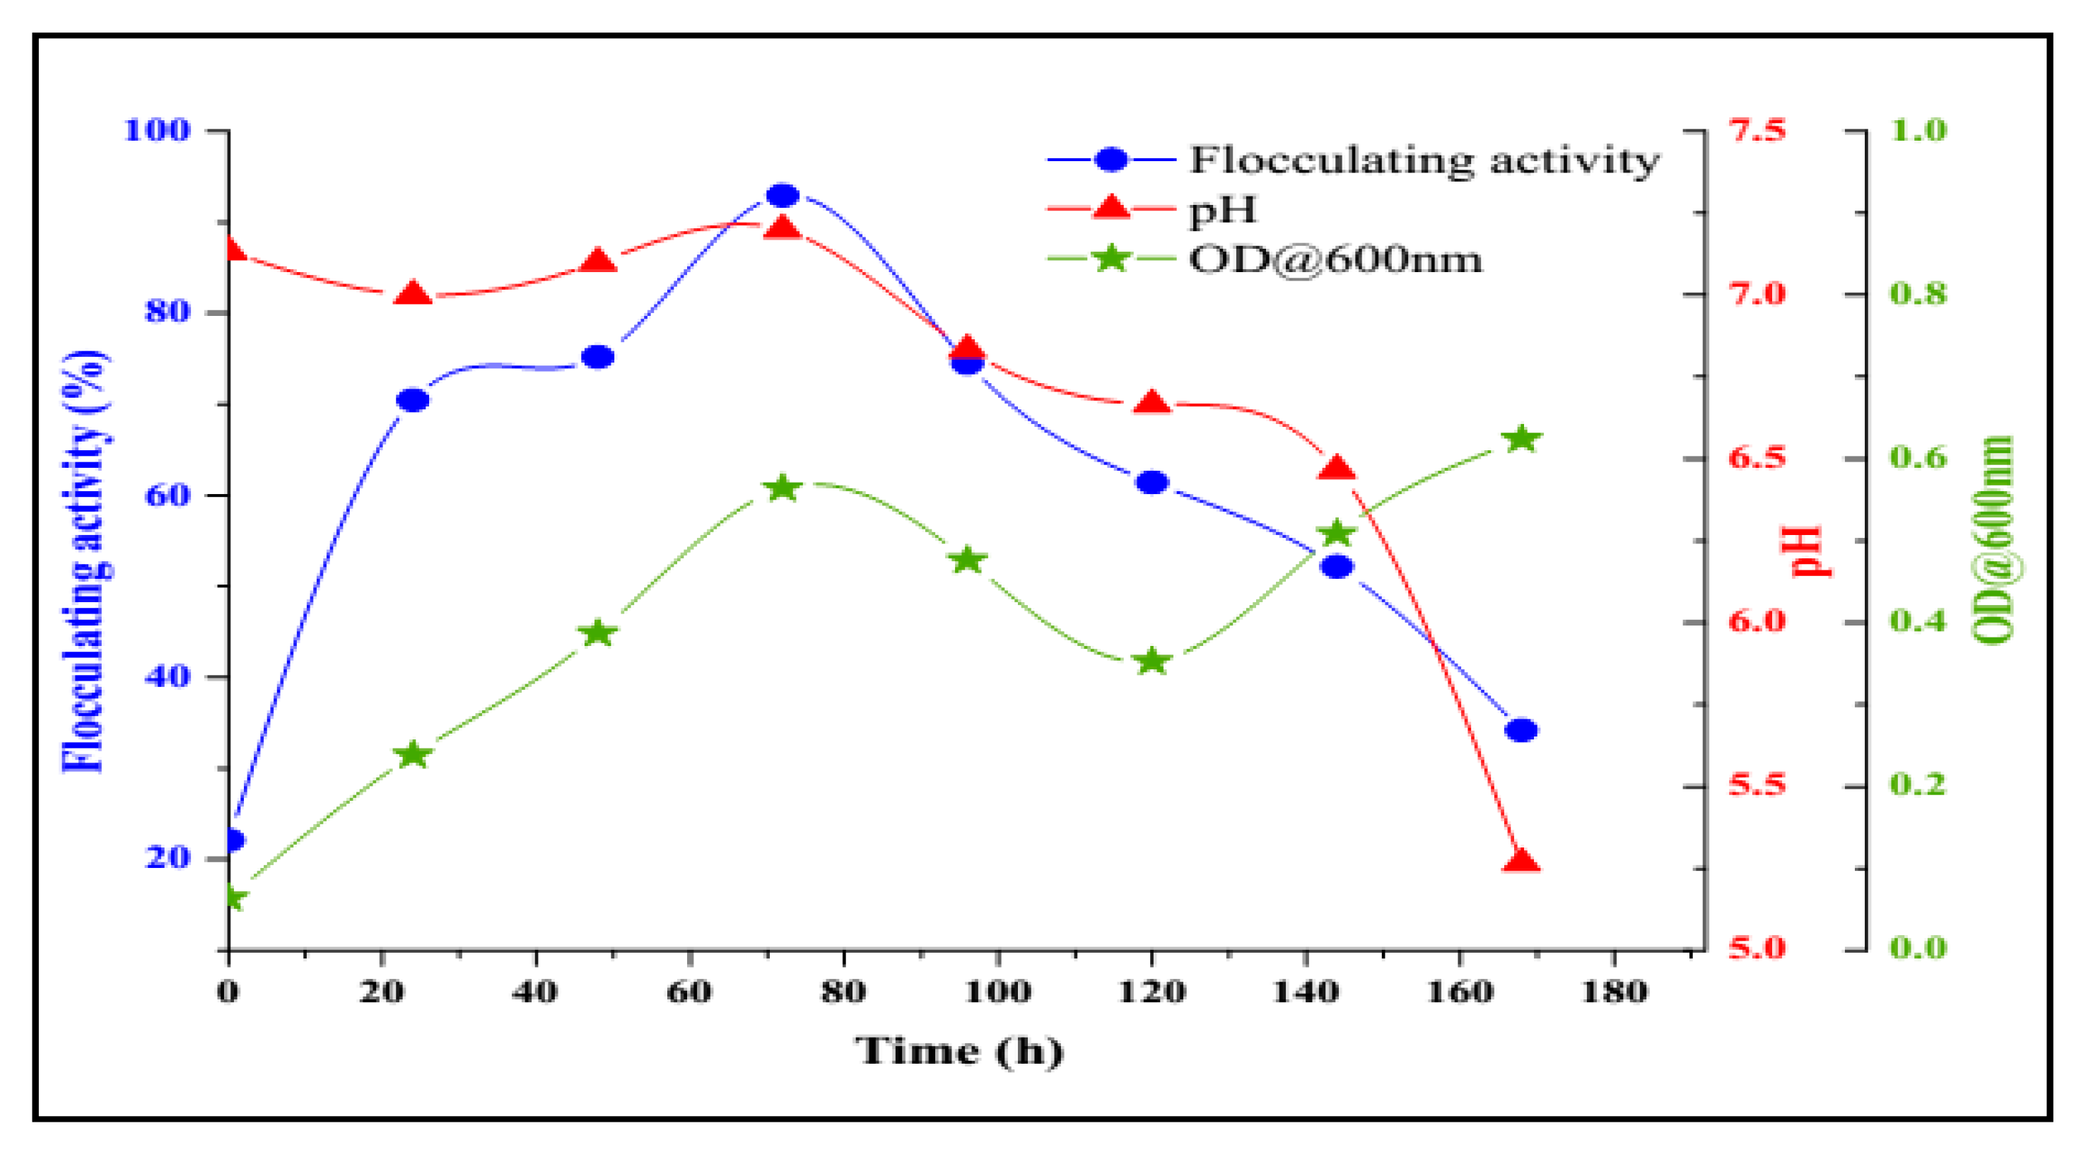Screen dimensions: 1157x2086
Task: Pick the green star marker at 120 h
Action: coord(1152,662)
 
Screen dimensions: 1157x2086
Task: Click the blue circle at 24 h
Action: coord(413,400)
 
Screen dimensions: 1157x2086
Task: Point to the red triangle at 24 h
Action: coord(413,293)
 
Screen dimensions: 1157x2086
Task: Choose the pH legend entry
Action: coord(1223,210)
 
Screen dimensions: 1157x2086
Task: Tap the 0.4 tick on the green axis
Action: coord(1918,622)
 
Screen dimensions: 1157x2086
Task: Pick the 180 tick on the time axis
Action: coord(1614,992)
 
